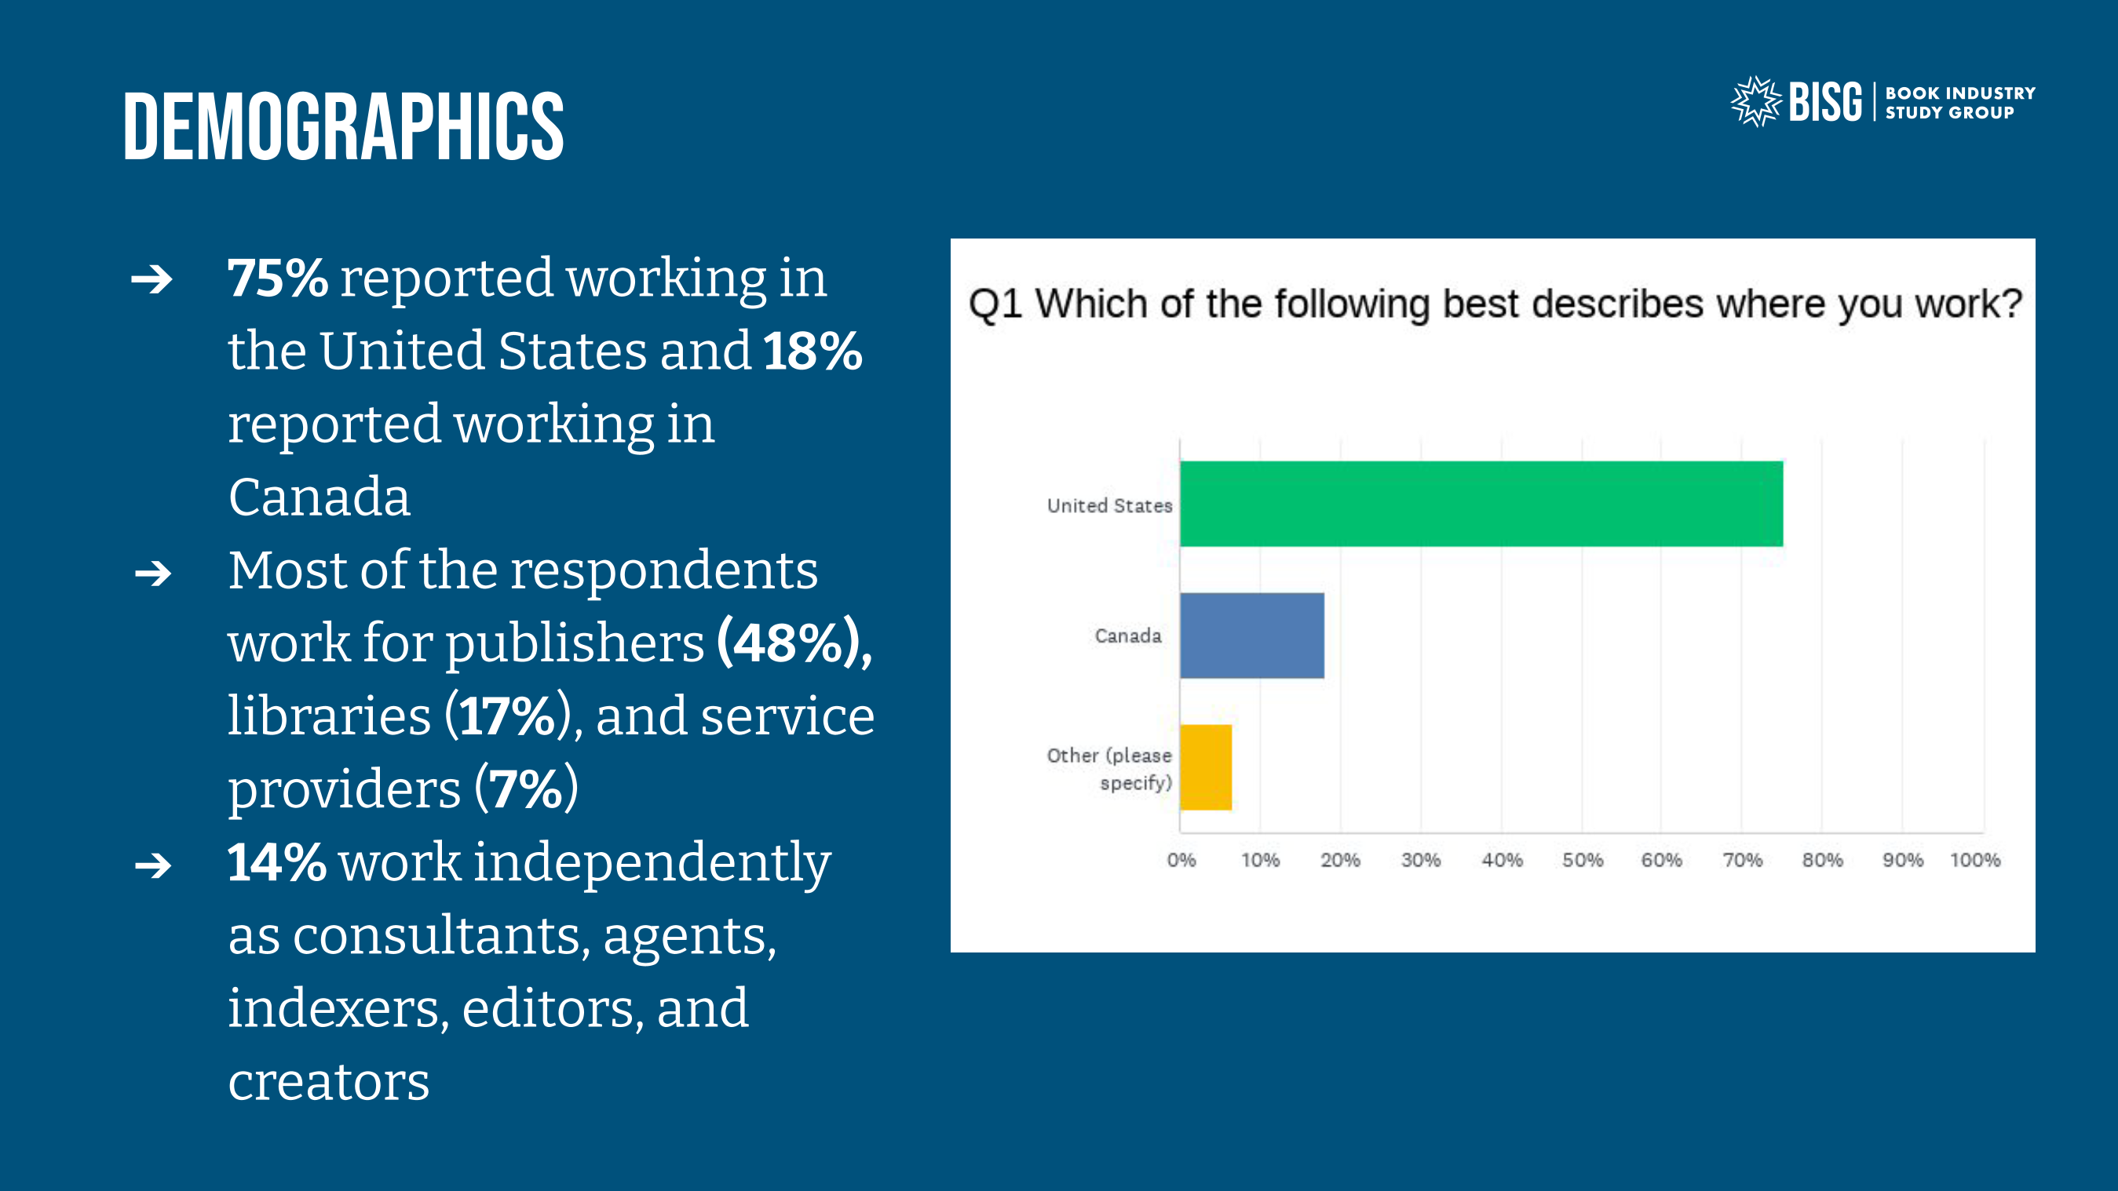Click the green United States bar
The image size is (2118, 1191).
(1480, 504)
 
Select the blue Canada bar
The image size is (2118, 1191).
(1251, 636)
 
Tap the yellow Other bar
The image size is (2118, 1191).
(1205, 767)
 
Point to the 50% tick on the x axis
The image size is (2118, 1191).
(1583, 860)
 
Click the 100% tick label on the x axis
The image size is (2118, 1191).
(1975, 860)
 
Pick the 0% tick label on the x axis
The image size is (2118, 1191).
(1181, 860)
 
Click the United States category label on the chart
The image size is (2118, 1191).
(1109, 505)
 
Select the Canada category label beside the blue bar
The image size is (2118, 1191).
(1128, 636)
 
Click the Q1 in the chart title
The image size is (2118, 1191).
(995, 304)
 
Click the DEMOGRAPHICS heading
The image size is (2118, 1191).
(344, 126)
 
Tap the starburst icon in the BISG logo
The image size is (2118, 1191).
(1755, 102)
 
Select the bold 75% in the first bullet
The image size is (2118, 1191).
(278, 278)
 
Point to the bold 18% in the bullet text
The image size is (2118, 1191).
(813, 351)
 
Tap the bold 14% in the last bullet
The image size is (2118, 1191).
(276, 862)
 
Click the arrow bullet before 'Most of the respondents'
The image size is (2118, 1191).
(153, 573)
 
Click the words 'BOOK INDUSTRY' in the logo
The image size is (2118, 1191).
(1960, 93)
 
